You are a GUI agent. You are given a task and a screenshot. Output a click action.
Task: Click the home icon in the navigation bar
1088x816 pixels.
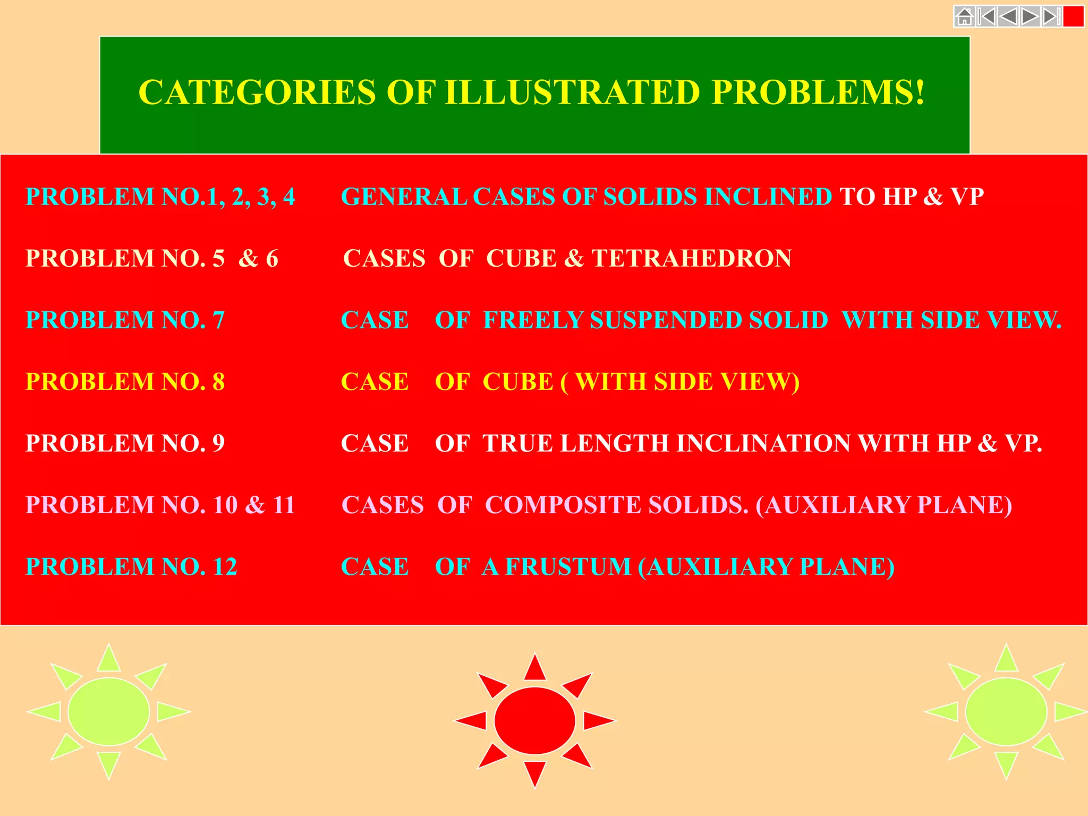(x=964, y=17)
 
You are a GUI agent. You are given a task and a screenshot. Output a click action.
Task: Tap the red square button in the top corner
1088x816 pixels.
(x=1073, y=17)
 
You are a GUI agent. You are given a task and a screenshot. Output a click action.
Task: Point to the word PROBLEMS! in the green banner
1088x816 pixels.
(x=818, y=92)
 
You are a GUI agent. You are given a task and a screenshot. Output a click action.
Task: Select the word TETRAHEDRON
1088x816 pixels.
(x=691, y=259)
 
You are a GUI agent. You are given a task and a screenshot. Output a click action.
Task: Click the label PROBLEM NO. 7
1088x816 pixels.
(x=125, y=320)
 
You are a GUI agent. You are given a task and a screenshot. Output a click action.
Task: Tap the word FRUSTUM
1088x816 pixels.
(x=568, y=567)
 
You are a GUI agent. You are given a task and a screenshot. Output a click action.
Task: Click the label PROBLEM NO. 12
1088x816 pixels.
(x=131, y=567)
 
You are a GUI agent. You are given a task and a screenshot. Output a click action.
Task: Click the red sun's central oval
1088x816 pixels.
(x=534, y=720)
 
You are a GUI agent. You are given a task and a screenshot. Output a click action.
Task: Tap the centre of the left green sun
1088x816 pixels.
(x=109, y=711)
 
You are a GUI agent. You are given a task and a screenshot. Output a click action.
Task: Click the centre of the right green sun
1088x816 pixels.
(x=1006, y=711)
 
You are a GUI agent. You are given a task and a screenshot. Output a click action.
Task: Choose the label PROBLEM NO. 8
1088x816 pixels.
(x=125, y=382)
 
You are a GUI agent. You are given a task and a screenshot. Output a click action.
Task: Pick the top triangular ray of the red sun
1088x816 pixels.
(x=534, y=668)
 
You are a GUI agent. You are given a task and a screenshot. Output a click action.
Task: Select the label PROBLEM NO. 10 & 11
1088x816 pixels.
(x=160, y=505)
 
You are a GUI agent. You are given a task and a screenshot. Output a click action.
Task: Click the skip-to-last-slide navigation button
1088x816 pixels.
(x=1051, y=17)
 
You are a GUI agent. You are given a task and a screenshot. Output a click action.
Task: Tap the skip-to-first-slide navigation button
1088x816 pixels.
(x=986, y=17)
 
